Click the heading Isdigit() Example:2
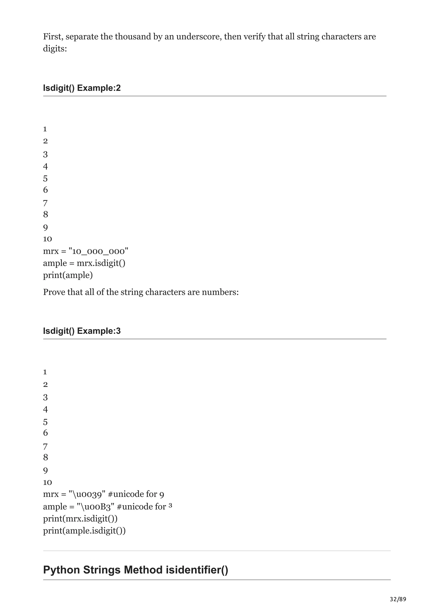[82, 88]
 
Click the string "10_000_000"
[98, 251]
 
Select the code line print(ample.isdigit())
[84, 531]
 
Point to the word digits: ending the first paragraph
[55, 49]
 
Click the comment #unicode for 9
[136, 494]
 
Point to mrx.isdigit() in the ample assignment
[101, 263]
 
